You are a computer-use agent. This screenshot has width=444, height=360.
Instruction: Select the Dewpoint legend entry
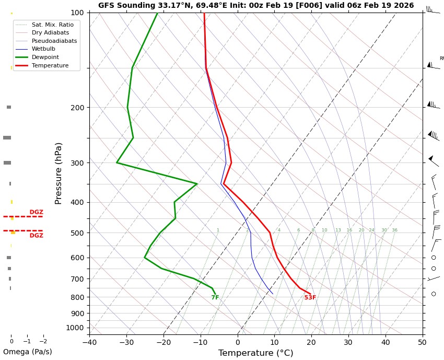click(45, 57)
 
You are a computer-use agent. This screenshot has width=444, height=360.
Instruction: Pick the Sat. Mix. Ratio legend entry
click(52, 25)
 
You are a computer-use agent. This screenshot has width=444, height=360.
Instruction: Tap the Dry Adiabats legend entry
click(50, 33)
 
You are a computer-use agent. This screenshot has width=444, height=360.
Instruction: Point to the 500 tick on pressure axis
click(77, 233)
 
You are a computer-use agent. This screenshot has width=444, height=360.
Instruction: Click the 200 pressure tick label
click(77, 108)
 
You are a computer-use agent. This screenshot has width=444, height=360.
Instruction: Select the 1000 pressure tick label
click(76, 328)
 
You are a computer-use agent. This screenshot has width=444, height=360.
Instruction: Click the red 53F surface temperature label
click(310, 298)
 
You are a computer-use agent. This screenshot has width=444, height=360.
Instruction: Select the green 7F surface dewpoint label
click(215, 298)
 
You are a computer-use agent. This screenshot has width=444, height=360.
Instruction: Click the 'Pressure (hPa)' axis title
click(59, 173)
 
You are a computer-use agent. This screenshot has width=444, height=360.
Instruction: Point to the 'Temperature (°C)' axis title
click(255, 354)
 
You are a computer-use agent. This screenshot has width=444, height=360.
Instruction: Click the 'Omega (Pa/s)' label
click(27, 352)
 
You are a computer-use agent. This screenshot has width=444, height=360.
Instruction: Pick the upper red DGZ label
click(36, 212)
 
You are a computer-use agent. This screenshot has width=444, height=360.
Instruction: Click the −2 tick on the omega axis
click(43, 341)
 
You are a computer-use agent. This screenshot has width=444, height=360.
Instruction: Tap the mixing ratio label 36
click(394, 230)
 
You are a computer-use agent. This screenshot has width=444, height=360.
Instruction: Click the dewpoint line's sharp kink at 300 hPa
click(117, 162)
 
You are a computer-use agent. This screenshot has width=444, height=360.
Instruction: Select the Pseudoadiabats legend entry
click(54, 41)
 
